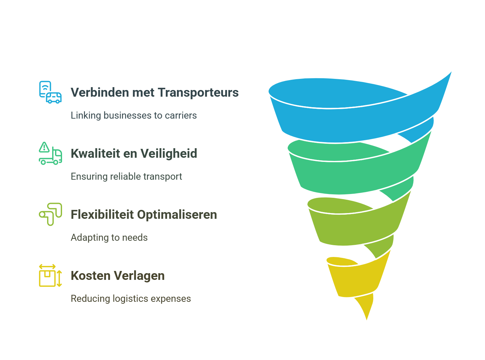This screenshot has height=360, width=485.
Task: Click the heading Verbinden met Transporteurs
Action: point(154,93)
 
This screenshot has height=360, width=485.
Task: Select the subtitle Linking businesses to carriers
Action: point(134,115)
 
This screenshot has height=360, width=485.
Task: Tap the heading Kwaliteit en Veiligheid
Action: point(134,154)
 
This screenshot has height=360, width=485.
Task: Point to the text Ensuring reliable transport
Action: point(126,177)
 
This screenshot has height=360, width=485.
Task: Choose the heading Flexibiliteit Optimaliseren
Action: point(144,215)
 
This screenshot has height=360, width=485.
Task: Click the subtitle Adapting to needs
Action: point(109,238)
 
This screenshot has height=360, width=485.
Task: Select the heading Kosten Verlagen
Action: point(117,276)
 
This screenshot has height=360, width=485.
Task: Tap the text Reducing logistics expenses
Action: point(131,299)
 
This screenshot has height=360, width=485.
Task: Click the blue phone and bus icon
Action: point(50,92)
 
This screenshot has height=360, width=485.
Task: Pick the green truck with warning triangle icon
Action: point(50,153)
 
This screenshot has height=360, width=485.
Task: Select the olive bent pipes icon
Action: point(50,214)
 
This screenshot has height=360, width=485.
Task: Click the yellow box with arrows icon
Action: point(50,275)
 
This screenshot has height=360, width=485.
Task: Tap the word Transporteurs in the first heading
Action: point(198,93)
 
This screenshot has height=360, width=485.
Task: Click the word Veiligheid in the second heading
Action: point(169,154)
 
